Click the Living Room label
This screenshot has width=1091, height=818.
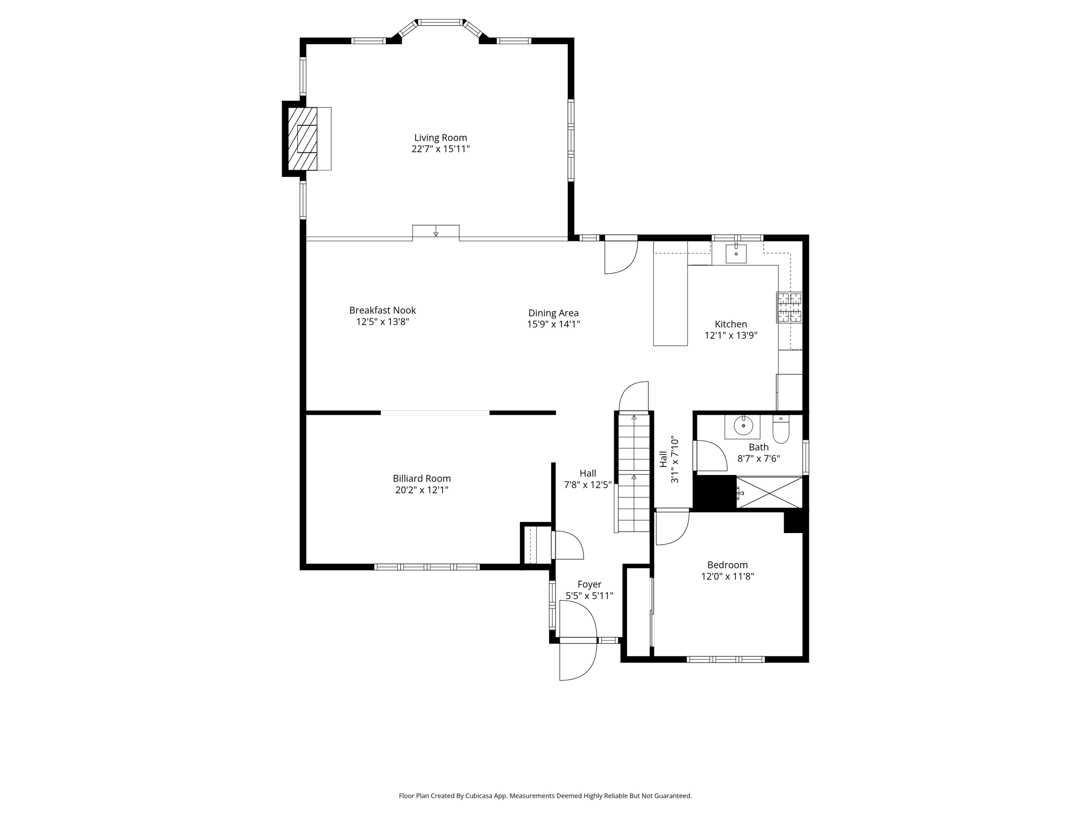tap(440, 137)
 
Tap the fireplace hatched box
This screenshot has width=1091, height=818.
tap(303, 138)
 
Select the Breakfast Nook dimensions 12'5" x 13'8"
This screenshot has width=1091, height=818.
tap(382, 322)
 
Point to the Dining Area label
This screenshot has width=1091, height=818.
tap(553, 313)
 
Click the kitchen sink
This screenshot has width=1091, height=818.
tap(736, 253)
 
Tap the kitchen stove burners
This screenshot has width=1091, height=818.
tap(789, 307)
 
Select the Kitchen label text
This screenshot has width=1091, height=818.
tap(730, 324)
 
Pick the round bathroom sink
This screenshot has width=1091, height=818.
tap(743, 426)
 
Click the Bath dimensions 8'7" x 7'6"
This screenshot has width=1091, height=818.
tap(758, 459)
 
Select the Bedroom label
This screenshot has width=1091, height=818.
tap(727, 565)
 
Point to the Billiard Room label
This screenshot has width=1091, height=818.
tap(421, 479)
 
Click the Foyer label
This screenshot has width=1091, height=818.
tap(589, 585)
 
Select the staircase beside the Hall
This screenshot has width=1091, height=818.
tap(633, 474)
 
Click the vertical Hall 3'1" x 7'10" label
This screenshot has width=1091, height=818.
tap(669, 460)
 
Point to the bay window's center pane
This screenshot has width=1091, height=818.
tap(440, 22)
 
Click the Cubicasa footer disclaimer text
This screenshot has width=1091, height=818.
tap(545, 796)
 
